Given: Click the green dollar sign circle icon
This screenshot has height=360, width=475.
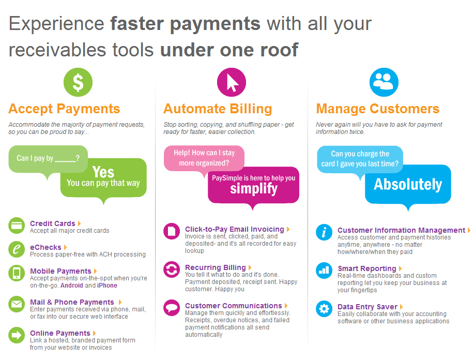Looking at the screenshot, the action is (x=78, y=82).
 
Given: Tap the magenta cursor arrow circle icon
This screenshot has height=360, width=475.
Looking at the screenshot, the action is (x=232, y=82).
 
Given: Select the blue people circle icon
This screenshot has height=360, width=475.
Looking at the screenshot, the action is (x=384, y=82).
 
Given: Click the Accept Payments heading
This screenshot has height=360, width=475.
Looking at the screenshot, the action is (x=64, y=109).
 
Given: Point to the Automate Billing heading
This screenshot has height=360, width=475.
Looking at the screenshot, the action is (x=218, y=109).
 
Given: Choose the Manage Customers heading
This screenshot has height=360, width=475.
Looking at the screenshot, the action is (x=378, y=109).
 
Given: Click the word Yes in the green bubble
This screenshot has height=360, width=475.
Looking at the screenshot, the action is (x=103, y=172).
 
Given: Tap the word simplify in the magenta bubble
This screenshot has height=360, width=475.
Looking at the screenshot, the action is (x=254, y=189).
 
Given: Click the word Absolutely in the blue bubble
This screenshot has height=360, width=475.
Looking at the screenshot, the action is (x=408, y=184).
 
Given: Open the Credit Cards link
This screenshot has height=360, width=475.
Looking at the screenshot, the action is (x=52, y=223).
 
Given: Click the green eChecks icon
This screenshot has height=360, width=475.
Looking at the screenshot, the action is (x=17, y=249).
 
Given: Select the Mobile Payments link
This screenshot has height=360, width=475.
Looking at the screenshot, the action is (x=60, y=271).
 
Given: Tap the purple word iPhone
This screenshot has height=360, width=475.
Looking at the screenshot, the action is (x=107, y=286).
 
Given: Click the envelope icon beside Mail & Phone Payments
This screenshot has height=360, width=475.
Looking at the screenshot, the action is (x=17, y=304).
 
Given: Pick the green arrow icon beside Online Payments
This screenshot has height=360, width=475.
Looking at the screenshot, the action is (x=17, y=335).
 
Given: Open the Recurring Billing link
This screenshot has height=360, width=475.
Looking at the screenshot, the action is (x=216, y=267).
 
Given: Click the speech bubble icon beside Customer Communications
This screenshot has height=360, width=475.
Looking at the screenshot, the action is (x=172, y=308).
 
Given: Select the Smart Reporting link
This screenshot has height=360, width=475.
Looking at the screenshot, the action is (x=367, y=268).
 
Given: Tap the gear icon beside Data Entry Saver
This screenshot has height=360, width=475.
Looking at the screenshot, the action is (x=324, y=309).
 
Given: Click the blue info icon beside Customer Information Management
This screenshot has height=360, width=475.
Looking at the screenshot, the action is (x=324, y=232).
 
